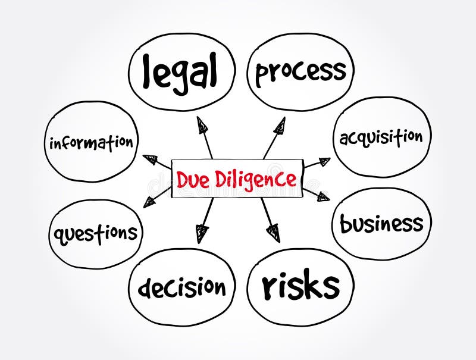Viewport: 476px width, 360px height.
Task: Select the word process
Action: [300, 72]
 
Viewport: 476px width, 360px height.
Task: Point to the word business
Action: [381, 224]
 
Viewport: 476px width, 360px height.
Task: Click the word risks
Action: [300, 286]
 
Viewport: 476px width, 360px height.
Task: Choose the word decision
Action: [182, 287]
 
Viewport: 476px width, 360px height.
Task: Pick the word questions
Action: [96, 233]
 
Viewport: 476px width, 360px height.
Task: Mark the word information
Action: [91, 143]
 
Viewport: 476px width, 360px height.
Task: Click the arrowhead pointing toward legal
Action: [203, 125]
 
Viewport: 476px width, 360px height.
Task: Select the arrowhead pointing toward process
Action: [278, 126]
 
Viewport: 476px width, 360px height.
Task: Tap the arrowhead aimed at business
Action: [322, 196]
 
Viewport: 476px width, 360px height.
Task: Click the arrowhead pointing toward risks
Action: [273, 232]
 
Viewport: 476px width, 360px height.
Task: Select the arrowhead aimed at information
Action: [151, 159]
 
